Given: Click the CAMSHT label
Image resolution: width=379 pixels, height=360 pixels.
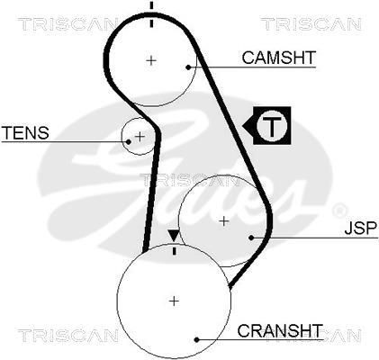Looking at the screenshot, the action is click(279, 58).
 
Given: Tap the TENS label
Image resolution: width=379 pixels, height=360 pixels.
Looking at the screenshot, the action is click(25, 132).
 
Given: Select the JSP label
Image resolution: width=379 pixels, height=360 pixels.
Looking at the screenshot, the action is click(360, 228).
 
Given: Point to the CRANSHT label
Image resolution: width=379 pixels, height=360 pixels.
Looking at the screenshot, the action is click(280, 330).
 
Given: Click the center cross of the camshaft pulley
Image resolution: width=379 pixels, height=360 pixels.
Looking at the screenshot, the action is click(151, 61).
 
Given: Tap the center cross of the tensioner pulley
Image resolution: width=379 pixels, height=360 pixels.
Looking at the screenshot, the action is click(140, 137).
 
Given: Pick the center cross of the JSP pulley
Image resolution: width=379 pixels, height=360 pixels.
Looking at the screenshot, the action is click(224, 221).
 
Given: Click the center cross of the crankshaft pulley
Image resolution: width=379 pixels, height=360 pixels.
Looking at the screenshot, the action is click(174, 301).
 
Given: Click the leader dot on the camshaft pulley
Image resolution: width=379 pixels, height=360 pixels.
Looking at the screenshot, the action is click(188, 67).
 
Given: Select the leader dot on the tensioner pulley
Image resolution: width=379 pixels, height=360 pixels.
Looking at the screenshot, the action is click(129, 141).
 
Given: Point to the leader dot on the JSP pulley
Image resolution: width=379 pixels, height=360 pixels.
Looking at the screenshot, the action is click(251, 238).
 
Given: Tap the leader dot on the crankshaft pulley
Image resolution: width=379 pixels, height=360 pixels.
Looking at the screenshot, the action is click(196, 340).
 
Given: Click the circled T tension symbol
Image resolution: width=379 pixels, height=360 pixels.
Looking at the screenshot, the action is click(272, 125).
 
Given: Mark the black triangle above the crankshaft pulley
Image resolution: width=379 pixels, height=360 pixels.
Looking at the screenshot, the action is click(173, 236).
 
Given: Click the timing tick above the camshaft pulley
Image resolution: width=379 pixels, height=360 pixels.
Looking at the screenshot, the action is click(151, 14).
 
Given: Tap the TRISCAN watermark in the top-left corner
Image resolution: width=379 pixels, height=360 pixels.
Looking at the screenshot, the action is click(68, 24).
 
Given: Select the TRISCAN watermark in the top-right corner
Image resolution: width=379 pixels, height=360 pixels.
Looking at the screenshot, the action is click(311, 24).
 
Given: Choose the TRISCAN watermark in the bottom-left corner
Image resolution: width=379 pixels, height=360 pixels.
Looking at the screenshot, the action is click(68, 336).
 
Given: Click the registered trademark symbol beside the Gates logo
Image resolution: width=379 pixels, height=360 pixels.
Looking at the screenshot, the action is click(339, 210).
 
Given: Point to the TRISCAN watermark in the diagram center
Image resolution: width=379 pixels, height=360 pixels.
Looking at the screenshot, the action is click(190, 180).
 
